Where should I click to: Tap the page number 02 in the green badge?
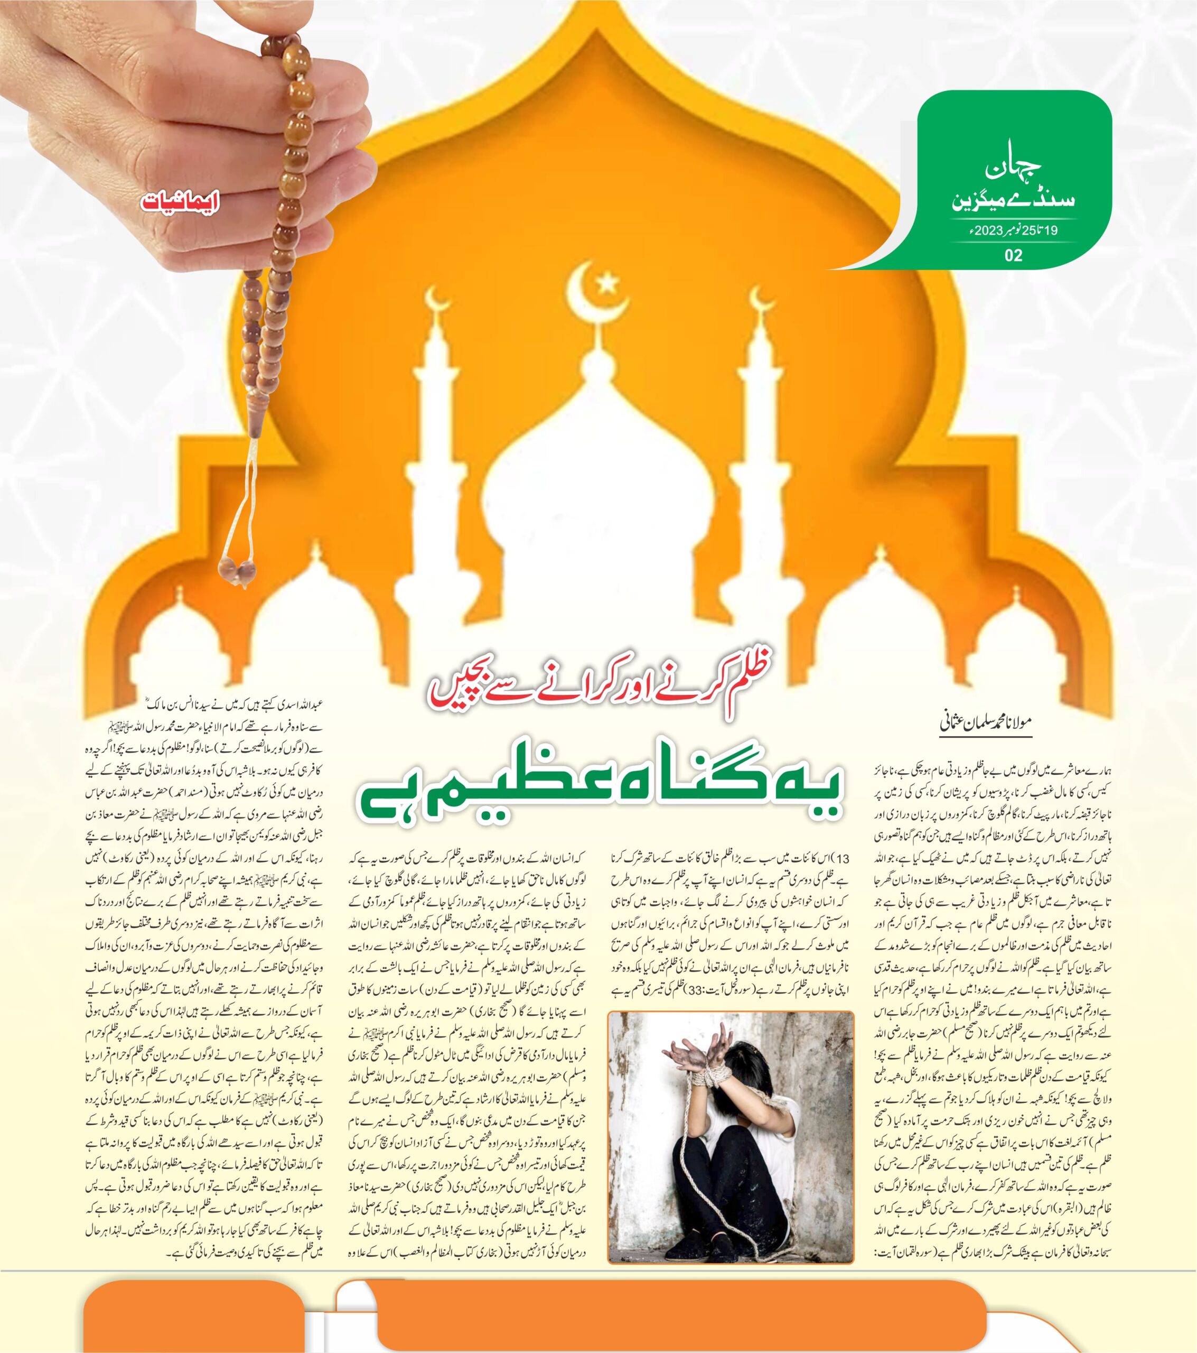tap(1013, 255)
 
